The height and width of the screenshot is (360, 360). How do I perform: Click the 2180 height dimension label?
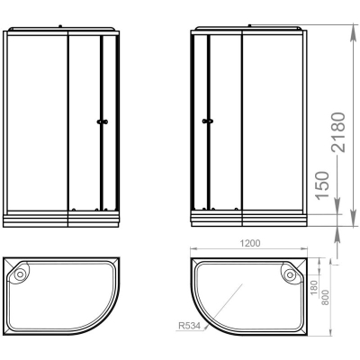(x=337, y=132)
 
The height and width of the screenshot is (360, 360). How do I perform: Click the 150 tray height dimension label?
(x=322, y=184)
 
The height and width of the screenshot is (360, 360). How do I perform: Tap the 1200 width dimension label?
(x=249, y=243)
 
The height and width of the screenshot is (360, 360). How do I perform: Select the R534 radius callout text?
(x=189, y=326)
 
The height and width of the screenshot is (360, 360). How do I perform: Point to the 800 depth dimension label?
(x=326, y=297)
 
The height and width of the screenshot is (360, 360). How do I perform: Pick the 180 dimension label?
(x=314, y=287)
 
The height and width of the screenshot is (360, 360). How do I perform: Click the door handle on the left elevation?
(x=103, y=121)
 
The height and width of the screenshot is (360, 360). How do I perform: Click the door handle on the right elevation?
(x=208, y=121)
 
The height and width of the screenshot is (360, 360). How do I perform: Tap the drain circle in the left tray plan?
(x=20, y=274)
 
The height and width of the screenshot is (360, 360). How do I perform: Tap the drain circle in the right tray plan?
(x=290, y=274)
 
